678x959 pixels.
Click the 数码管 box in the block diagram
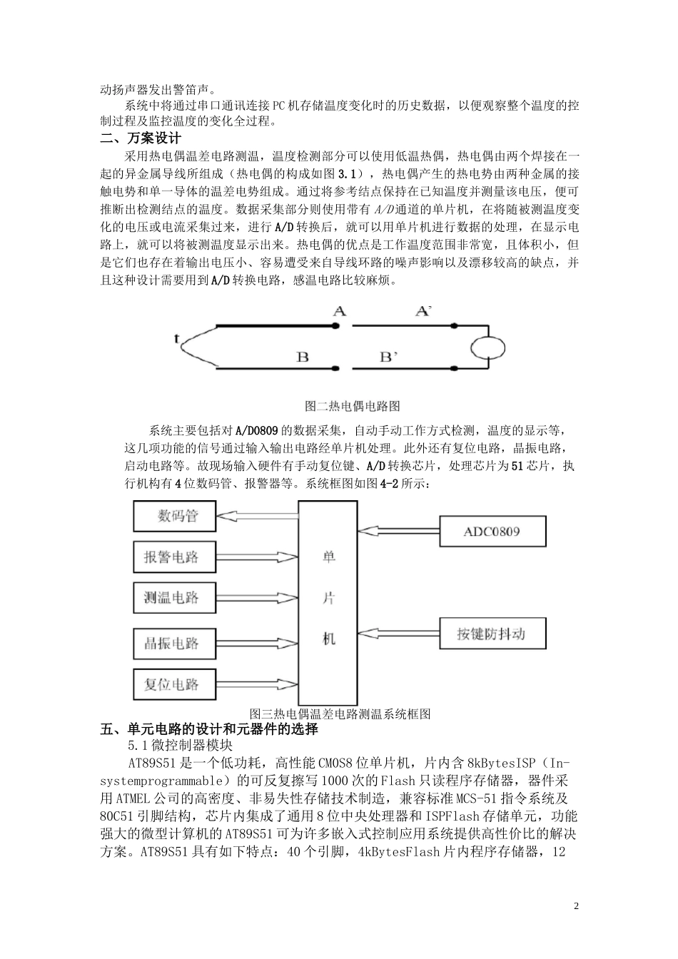point(175,516)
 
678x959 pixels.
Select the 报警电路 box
point(175,557)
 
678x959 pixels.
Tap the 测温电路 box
point(175,597)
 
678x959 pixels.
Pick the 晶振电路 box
point(175,643)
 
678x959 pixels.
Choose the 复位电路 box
point(175,684)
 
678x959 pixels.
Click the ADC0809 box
point(492,532)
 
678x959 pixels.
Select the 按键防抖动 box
point(492,634)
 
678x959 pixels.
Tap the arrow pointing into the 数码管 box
point(257,514)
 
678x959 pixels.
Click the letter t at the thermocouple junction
point(176,339)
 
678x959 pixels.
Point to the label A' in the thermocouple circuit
point(424,311)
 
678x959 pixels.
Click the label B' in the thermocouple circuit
point(388,357)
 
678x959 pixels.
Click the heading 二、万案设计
point(141,138)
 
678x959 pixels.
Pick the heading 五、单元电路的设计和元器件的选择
point(208,729)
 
